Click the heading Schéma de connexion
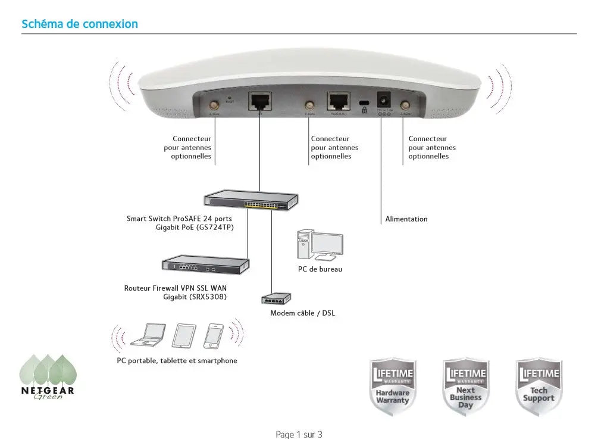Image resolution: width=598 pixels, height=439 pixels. point(80,24)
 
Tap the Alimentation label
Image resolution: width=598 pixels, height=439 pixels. point(406,219)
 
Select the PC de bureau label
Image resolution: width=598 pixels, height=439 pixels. point(320,269)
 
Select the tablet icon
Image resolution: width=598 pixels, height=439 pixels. point(184,335)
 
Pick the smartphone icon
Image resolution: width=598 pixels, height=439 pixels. point(213,335)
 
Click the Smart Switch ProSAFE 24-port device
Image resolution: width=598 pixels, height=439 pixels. point(251,200)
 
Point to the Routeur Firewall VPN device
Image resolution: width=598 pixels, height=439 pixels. point(206,263)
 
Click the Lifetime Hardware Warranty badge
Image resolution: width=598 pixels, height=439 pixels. point(392,387)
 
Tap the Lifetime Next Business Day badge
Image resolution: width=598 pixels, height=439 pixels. point(465,387)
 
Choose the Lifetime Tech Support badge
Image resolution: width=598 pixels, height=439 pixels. point(538,387)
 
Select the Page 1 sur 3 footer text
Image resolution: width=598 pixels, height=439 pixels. point(299,434)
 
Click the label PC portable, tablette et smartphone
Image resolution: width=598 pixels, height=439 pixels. point(177,360)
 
